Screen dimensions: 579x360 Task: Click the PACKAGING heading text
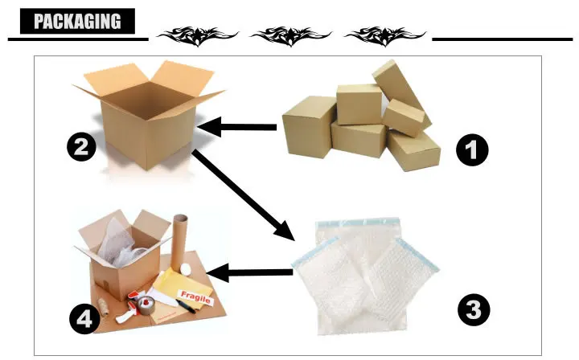point(77,22)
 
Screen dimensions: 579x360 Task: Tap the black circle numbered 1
point(472,149)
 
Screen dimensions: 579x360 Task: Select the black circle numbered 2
point(81,146)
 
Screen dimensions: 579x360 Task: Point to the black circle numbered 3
point(474,309)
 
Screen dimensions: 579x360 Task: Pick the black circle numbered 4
point(84,319)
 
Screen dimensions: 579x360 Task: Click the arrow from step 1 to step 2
point(236,127)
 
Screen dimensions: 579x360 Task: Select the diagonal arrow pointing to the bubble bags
point(244,194)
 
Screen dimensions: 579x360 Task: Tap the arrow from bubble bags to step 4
point(250,272)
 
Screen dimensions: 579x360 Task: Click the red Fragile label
point(195,297)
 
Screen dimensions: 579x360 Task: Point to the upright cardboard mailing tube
point(179,243)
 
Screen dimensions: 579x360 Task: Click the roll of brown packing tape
point(146,305)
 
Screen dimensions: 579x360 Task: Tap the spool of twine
point(104,308)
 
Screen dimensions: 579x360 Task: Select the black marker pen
point(186,306)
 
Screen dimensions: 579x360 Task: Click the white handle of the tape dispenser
point(125,317)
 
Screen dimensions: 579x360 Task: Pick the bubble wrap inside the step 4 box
point(118,243)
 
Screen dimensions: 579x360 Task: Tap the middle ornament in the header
point(290,36)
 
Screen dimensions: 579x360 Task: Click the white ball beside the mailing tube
point(186,269)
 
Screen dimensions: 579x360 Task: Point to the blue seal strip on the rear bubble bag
point(358,223)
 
